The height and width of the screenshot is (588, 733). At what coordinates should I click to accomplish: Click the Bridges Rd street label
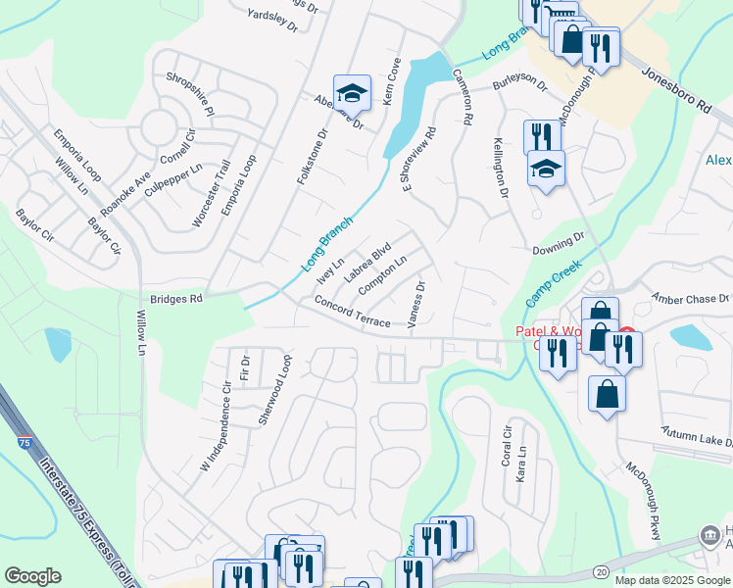(175, 298)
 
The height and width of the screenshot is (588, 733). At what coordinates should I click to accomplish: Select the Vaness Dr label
(416, 307)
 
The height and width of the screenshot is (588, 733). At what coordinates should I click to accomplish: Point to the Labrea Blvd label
(368, 262)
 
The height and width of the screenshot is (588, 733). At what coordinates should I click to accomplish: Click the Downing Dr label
(558, 243)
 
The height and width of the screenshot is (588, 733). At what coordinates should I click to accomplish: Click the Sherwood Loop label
(273, 389)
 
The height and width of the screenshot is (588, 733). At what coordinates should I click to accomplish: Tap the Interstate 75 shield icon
(24, 444)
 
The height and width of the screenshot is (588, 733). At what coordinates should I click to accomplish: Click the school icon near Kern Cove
(352, 93)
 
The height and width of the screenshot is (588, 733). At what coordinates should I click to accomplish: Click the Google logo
(32, 576)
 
